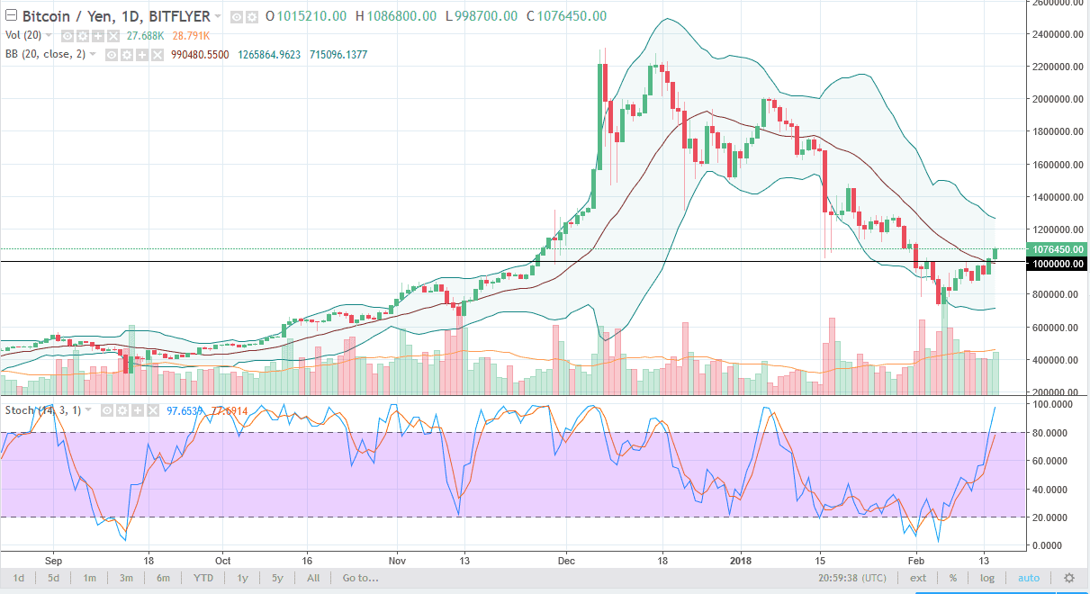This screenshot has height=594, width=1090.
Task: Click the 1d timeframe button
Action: click(x=19, y=577)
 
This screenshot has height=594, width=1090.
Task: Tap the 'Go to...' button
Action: click(x=360, y=577)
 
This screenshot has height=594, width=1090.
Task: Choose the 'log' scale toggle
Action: click(x=988, y=577)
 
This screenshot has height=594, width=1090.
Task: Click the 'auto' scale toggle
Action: click(x=1029, y=577)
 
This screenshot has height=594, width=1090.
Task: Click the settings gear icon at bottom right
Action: click(x=1069, y=577)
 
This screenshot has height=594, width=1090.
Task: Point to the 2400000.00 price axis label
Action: click(x=1058, y=34)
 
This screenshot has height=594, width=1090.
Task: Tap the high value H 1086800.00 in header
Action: click(x=397, y=16)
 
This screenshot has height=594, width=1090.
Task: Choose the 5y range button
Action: click(x=277, y=577)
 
